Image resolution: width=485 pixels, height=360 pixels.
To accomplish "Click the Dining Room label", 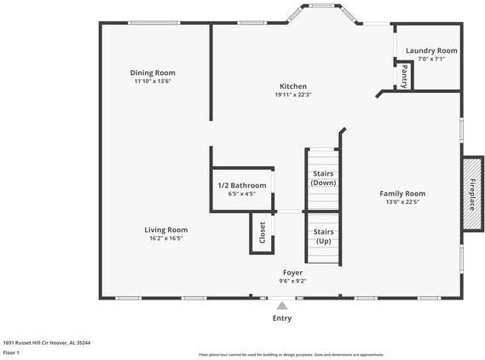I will (153, 73).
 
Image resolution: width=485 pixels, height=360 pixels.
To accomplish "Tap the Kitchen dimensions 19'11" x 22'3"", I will (293, 95).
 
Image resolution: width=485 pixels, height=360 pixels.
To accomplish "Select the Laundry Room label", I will (431, 50).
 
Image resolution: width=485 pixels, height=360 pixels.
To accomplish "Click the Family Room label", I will (402, 194).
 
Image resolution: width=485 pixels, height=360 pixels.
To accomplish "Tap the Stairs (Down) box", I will (323, 178).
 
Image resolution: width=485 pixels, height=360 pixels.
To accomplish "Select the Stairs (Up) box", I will (323, 236).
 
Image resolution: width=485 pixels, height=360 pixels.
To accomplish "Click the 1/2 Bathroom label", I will (242, 185).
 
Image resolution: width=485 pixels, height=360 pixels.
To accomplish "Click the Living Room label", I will (165, 229).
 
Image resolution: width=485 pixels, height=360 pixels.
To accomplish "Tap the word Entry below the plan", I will (282, 318).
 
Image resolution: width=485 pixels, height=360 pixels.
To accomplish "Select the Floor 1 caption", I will (12, 351).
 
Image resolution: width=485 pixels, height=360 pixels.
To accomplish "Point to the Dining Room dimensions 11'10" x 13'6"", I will (153, 81).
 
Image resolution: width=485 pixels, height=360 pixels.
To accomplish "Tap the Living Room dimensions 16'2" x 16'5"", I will (165, 238).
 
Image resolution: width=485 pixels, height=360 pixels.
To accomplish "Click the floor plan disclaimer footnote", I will (292, 354).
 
